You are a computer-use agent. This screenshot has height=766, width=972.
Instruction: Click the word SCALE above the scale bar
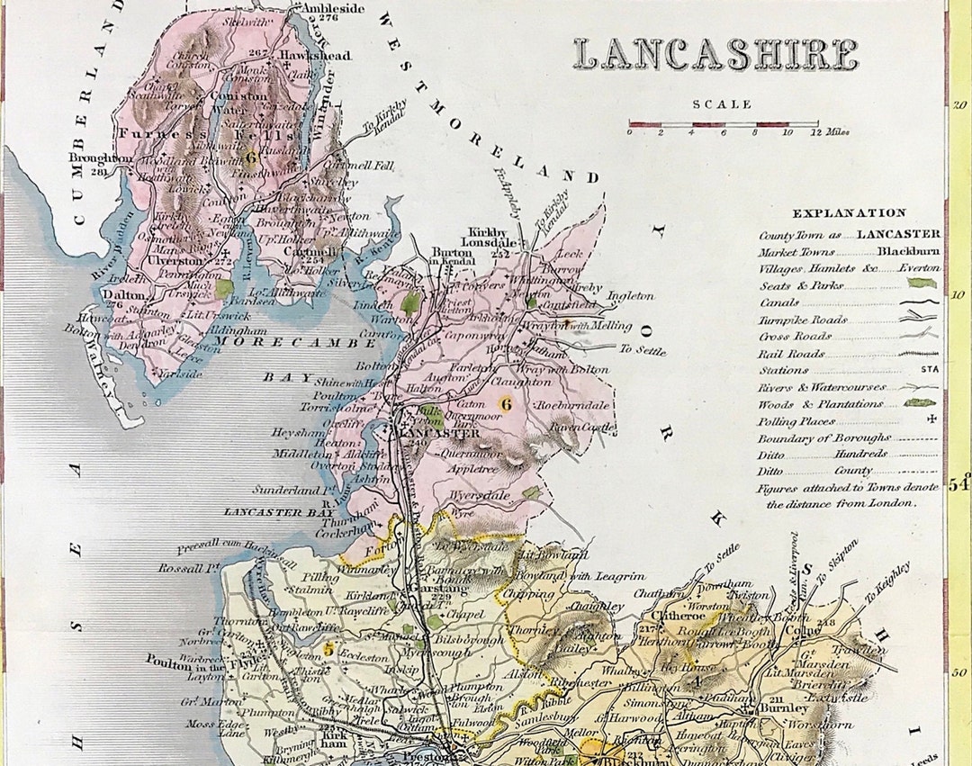[722, 104]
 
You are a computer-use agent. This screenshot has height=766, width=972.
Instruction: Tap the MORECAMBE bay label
[306, 343]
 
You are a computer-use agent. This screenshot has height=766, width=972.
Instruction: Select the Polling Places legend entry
[796, 420]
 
